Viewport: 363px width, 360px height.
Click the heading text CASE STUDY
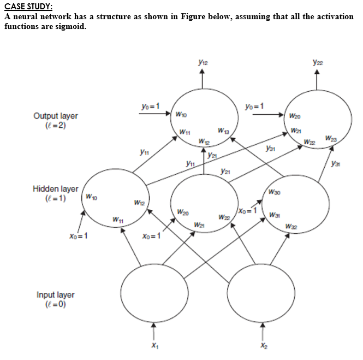click(x=28, y=7)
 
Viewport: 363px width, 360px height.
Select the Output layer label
click(x=56, y=116)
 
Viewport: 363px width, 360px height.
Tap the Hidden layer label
click(x=56, y=189)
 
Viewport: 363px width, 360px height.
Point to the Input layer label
click(x=56, y=295)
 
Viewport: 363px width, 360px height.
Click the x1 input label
click(x=154, y=345)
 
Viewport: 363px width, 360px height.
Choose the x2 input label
click(x=264, y=345)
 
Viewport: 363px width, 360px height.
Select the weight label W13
click(x=223, y=131)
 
